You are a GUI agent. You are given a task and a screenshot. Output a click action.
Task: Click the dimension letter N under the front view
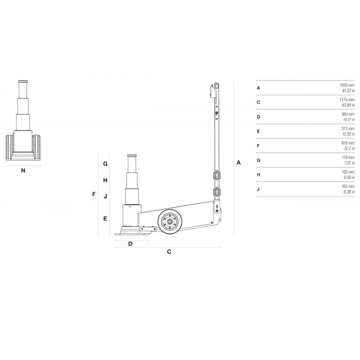[x=23, y=171]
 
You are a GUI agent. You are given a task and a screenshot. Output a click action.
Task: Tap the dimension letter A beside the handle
[x=238, y=163]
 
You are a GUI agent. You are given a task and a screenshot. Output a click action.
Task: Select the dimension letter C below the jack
[x=169, y=252]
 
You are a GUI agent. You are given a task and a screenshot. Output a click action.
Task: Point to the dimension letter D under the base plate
[x=130, y=243]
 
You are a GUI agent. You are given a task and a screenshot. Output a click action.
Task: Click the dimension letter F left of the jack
[x=94, y=194]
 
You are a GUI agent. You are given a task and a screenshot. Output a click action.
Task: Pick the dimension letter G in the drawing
[x=105, y=163]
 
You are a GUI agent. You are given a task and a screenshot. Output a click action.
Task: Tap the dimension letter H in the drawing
[x=105, y=180]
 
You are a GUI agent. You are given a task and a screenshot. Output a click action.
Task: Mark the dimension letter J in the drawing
[x=105, y=196]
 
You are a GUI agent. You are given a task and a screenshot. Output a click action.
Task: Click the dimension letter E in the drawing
[x=105, y=218]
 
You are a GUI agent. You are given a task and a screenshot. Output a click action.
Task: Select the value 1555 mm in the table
[x=347, y=85]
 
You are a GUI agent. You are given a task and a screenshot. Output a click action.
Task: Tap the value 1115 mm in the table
[x=347, y=100]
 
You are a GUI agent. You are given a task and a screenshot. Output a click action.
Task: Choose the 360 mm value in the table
[x=348, y=114]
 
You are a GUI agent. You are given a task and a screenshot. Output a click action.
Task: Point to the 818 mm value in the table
[x=348, y=143]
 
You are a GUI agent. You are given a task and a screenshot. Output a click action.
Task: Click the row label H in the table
[x=258, y=175]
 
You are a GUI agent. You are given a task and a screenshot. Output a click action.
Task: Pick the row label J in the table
[x=258, y=189]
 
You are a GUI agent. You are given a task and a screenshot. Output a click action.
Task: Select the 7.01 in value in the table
[x=349, y=163]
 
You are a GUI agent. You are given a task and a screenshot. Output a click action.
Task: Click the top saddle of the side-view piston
[x=132, y=156]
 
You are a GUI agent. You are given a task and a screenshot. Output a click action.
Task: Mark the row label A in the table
[x=258, y=88]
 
